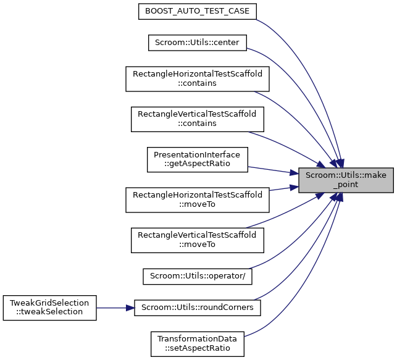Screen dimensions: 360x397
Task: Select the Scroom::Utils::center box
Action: coord(197,43)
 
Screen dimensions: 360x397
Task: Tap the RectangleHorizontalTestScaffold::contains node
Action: coord(197,78)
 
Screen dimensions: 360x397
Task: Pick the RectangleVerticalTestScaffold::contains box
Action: coord(197,119)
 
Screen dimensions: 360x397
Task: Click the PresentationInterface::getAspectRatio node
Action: coord(197,159)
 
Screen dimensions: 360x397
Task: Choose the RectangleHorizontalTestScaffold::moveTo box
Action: coord(197,199)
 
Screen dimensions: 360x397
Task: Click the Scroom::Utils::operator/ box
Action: coord(197,275)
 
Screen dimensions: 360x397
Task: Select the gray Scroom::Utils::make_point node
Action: coord(346,179)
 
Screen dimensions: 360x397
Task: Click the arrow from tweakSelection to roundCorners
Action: coord(115,307)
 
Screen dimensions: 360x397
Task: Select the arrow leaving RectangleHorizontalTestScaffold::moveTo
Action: coord(278,192)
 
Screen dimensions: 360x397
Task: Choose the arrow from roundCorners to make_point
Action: coord(296,272)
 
